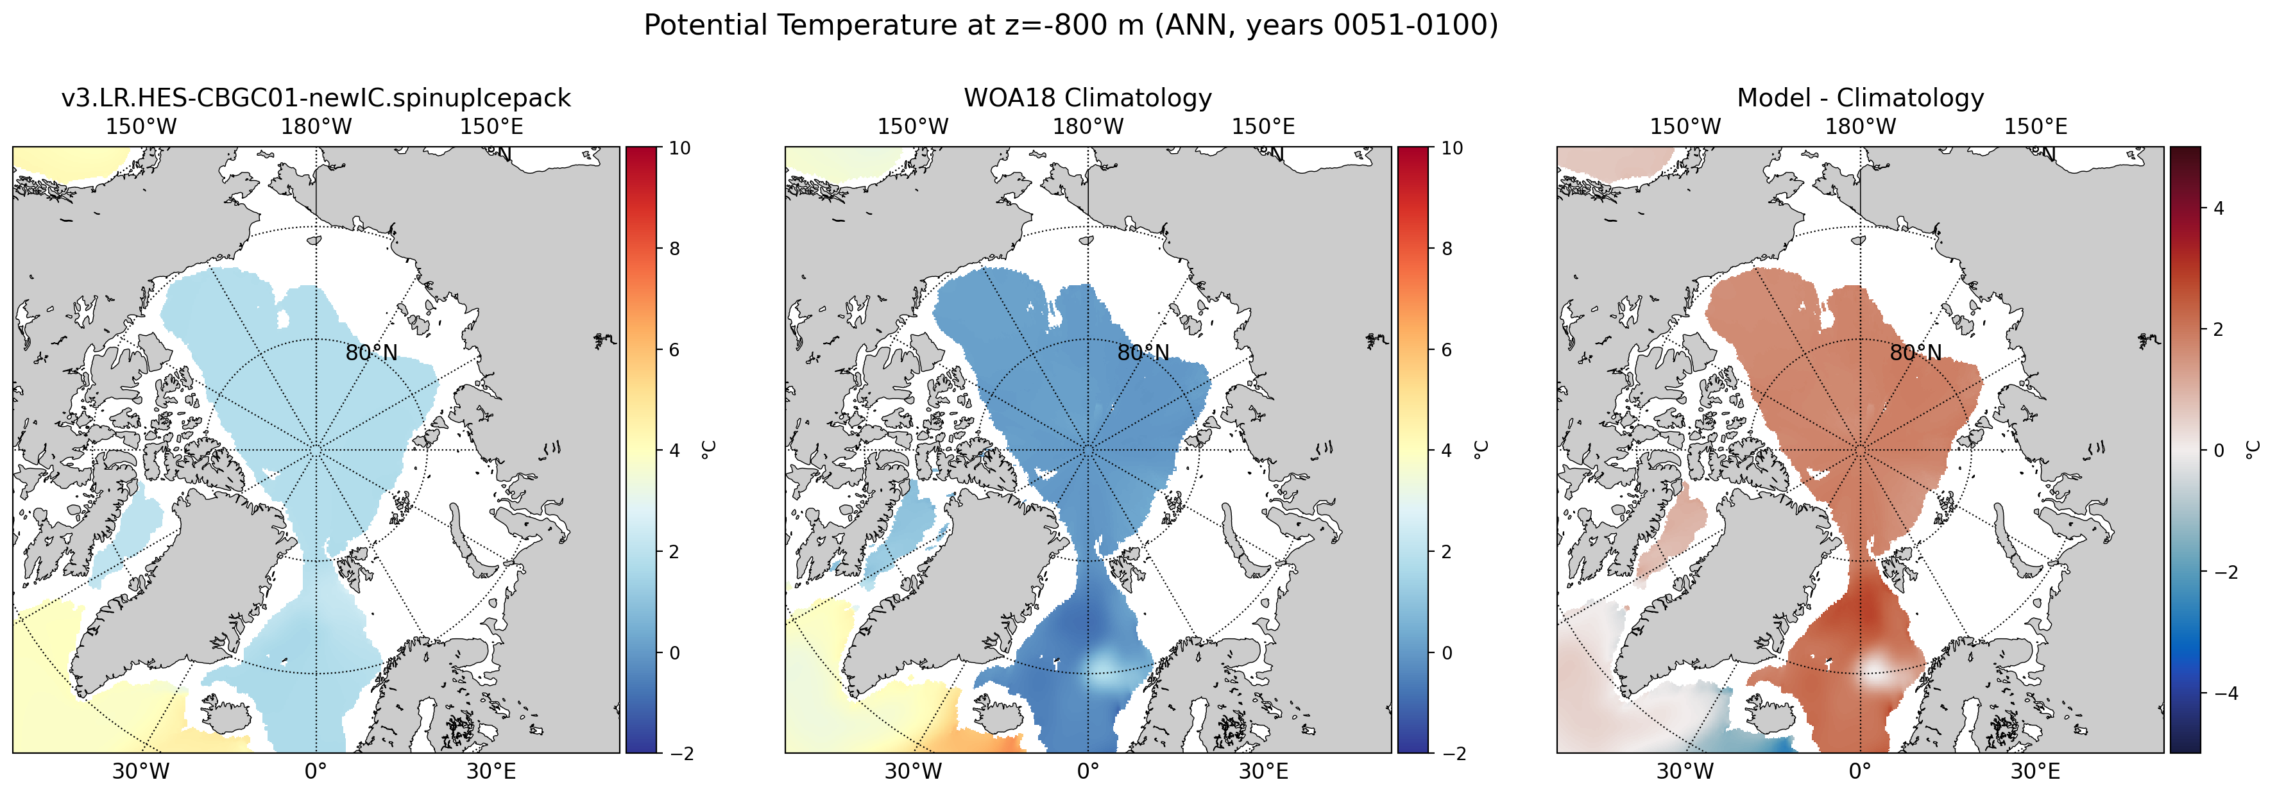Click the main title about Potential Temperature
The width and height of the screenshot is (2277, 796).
pos(1070,26)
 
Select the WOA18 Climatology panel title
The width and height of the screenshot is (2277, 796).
pos(1088,98)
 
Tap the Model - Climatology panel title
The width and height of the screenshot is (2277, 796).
pos(1861,98)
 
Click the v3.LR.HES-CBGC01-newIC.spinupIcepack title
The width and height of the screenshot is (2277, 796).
pos(316,98)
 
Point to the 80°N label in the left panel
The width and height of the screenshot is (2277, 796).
pos(371,352)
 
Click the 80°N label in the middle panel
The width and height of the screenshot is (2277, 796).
pos(1143,352)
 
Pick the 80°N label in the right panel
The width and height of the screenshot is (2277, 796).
pos(1916,352)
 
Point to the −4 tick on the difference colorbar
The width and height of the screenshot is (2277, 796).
pos(2222,693)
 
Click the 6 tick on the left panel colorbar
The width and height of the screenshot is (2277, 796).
pos(674,350)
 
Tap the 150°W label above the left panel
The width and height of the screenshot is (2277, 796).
pos(141,126)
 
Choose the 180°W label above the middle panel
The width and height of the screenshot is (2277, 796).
pos(1087,126)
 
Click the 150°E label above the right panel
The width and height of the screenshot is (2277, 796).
pos(2035,126)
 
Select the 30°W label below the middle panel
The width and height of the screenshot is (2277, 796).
pos(913,771)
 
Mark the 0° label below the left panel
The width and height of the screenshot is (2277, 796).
pos(316,771)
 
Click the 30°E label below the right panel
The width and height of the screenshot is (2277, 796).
pos(2035,771)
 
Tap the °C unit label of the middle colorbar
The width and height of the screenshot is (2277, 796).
pos(1481,450)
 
